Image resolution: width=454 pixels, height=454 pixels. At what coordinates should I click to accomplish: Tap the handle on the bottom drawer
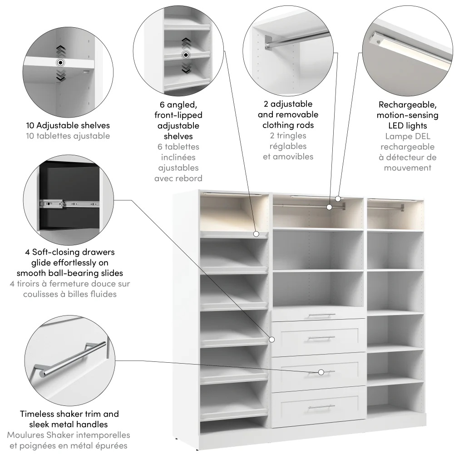[321, 407]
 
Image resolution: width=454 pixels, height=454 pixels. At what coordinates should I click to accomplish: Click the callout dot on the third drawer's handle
[321, 372]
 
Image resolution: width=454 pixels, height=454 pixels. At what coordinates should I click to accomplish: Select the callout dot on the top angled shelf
[257, 234]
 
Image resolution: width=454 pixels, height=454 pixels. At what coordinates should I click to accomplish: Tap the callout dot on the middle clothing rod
[330, 207]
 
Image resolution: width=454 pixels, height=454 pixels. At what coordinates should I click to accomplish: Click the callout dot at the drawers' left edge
[272, 339]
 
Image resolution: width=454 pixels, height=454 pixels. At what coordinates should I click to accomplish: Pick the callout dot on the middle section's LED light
[338, 198]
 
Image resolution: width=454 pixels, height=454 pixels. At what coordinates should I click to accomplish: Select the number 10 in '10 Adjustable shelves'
[31, 125]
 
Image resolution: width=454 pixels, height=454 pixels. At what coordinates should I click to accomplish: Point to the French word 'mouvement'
[407, 168]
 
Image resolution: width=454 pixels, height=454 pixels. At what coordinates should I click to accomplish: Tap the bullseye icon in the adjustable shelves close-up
[60, 63]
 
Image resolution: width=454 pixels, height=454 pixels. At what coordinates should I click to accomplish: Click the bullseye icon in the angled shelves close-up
[185, 55]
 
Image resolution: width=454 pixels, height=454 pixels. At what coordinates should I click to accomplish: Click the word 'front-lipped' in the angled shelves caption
[178, 115]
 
